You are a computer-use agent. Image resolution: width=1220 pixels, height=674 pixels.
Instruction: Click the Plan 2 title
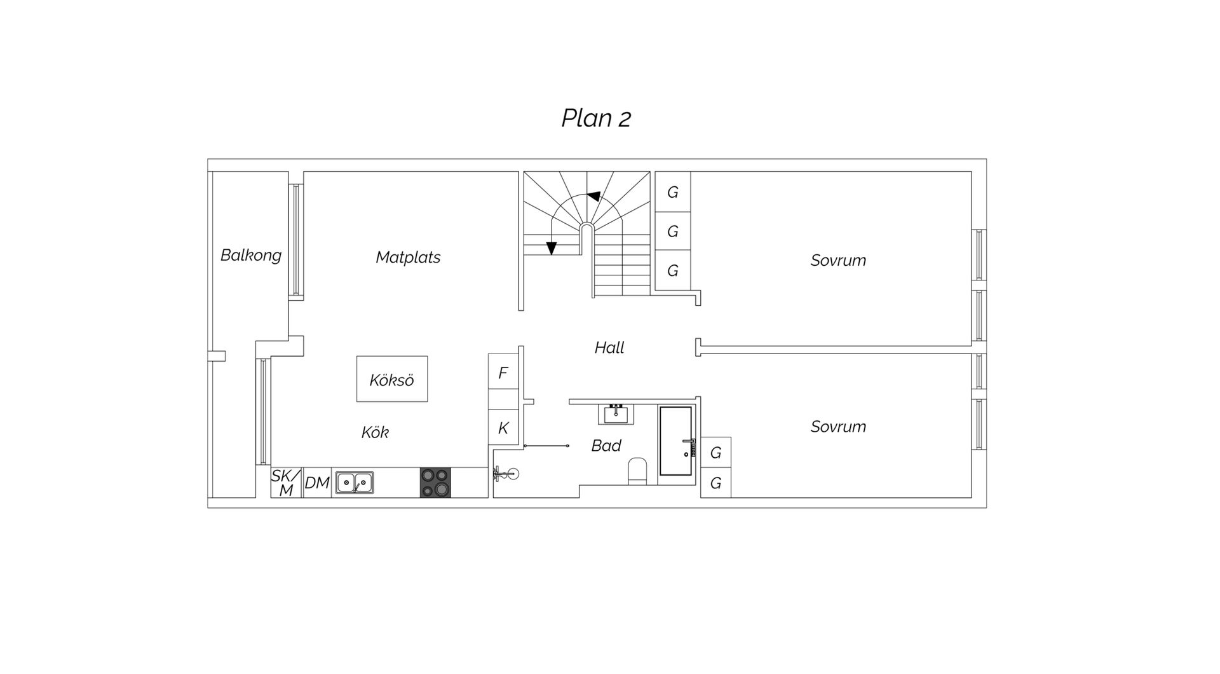[596, 118]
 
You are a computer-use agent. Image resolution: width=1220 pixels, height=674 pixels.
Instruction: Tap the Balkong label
[251, 256]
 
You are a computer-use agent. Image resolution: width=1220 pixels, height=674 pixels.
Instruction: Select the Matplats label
[408, 257]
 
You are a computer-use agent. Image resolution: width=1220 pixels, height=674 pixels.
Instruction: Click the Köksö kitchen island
[392, 379]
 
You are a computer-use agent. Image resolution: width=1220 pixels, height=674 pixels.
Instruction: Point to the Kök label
[375, 432]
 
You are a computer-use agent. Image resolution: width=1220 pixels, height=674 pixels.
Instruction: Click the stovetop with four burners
[435, 482]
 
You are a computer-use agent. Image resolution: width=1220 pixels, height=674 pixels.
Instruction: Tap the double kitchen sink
[355, 483]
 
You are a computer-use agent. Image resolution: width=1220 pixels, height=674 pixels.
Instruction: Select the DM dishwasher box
[317, 483]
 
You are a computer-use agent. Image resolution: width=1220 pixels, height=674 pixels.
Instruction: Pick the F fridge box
[503, 372]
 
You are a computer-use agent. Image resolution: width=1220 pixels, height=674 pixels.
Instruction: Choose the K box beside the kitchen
[503, 427]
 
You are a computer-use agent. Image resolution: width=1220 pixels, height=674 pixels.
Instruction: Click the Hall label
[609, 347]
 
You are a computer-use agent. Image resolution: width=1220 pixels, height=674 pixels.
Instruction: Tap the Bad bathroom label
[606, 446]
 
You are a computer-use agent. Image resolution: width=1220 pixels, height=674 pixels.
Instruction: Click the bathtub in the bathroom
[675, 441]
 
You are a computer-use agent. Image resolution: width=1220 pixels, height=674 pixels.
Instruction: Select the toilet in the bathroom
[637, 471]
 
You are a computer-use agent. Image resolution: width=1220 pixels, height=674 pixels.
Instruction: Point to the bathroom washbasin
[616, 414]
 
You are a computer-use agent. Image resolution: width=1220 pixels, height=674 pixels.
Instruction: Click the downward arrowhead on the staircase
[551, 248]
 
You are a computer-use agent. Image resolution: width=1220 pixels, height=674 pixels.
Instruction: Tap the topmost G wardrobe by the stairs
[673, 191]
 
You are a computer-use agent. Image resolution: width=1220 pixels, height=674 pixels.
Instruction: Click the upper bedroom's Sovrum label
[838, 260]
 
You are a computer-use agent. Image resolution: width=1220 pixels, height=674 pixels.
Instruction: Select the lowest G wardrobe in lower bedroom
[716, 483]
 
